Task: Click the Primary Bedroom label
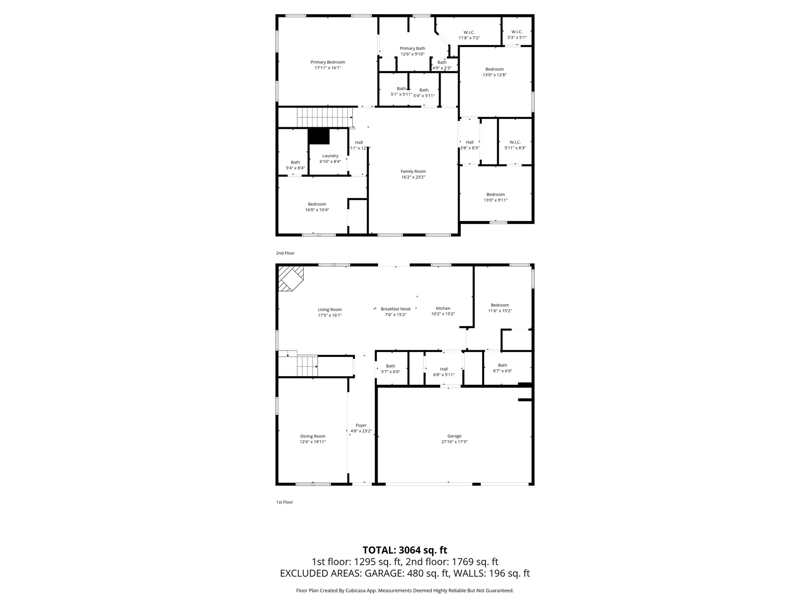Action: pos(327,62)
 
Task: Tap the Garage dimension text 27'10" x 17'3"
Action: pos(454,442)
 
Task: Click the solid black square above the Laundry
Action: pos(318,137)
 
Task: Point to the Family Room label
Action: pos(413,172)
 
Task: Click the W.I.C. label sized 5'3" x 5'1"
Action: pos(517,32)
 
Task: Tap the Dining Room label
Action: pos(312,436)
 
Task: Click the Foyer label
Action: pos(361,426)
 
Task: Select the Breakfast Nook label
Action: pos(396,309)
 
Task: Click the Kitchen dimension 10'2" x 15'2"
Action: pos(443,314)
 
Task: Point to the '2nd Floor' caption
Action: pos(285,253)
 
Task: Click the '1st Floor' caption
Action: pos(284,502)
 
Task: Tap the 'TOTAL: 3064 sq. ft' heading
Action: pos(405,550)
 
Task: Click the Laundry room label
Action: pos(330,156)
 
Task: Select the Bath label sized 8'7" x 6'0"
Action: pos(502,365)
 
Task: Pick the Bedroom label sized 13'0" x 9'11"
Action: pos(495,194)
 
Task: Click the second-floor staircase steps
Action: pos(324,117)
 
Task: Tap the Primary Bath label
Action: pos(412,49)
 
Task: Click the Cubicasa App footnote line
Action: pos(405,590)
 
